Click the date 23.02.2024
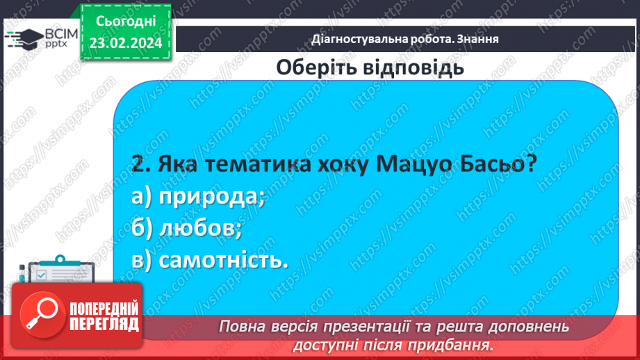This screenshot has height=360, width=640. coord(125,44)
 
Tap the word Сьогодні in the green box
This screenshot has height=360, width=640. coord(125,23)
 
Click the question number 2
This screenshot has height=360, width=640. coord(137,166)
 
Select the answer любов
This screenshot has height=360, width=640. coord(200,229)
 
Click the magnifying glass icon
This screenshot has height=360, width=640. coord(40,317)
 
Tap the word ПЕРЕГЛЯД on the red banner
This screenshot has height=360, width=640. coord(104,325)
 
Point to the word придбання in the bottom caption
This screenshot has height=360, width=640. coord(454,344)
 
